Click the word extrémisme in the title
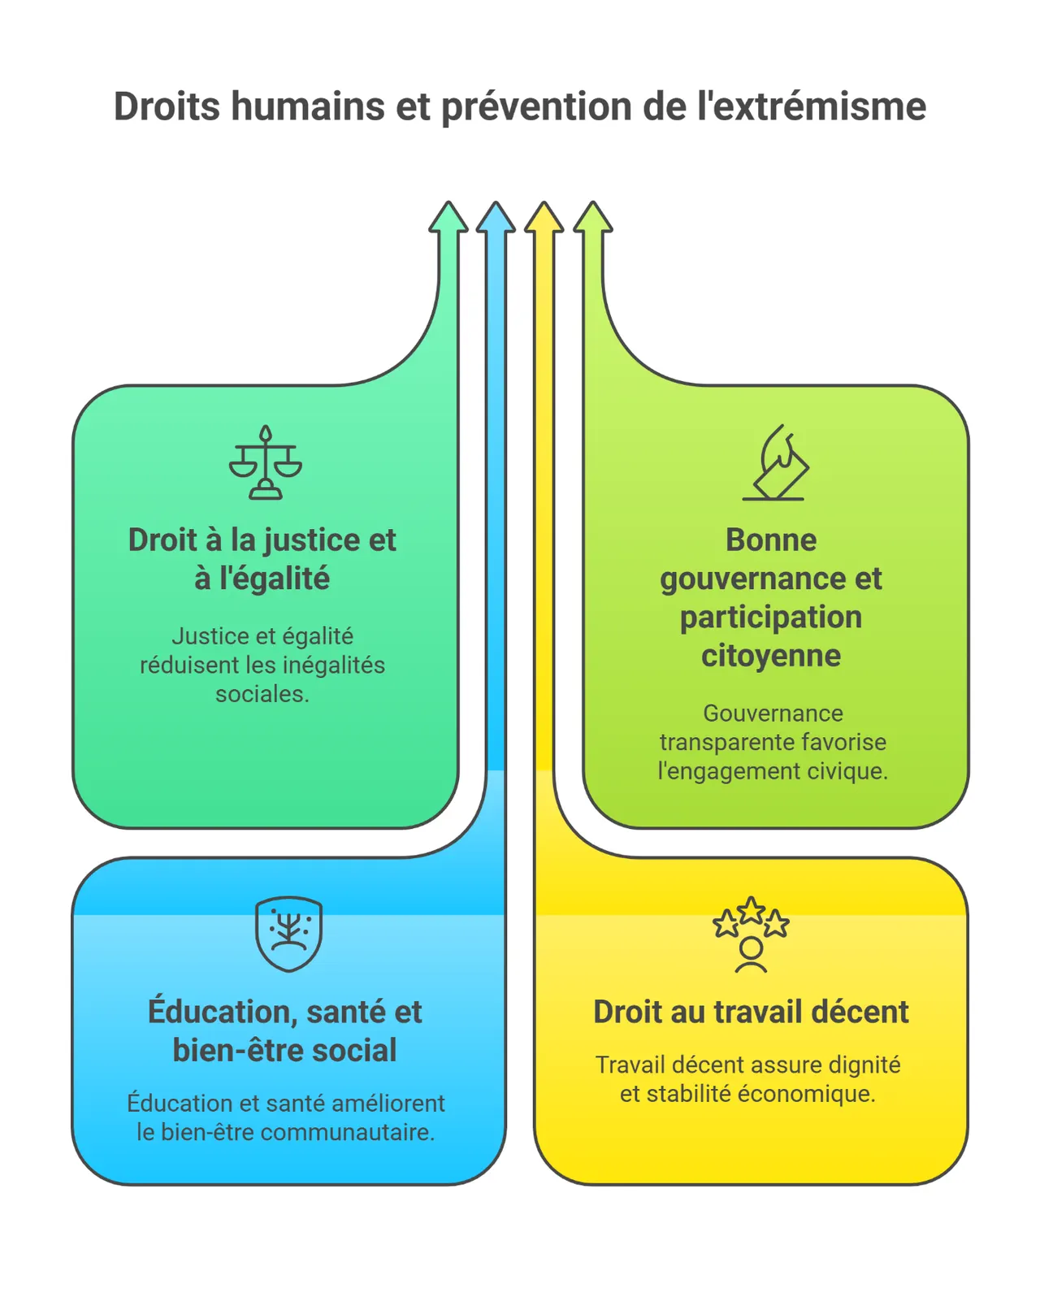click(812, 106)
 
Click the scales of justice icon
click(266, 462)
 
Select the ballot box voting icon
click(775, 462)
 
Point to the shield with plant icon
click(288, 933)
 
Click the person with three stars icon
click(751, 934)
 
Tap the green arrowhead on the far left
click(448, 217)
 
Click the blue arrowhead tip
click(496, 202)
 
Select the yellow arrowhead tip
click(544, 202)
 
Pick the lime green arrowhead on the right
click(593, 217)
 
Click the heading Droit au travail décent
click(751, 1011)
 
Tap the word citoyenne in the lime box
click(771, 656)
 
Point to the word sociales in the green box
click(262, 693)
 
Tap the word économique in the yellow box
click(806, 1094)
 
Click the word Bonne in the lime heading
click(771, 540)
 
